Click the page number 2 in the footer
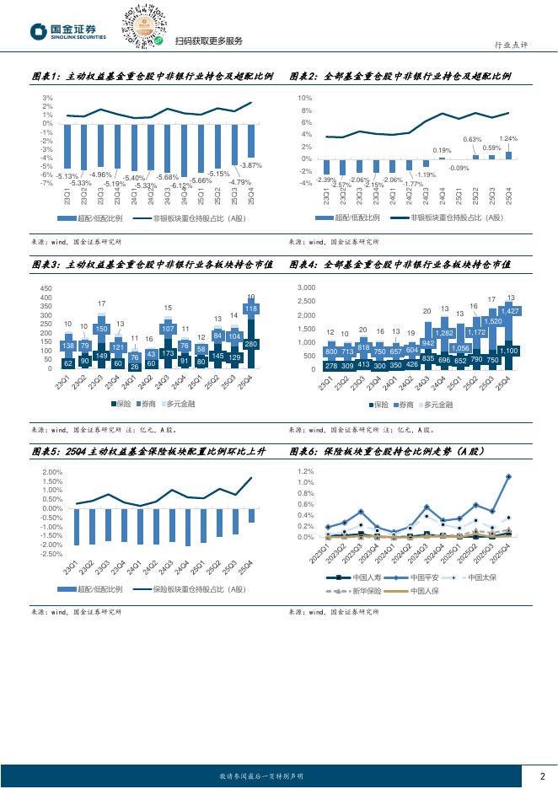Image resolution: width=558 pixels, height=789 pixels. [x=542, y=776]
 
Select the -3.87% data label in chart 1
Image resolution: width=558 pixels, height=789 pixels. [x=251, y=165]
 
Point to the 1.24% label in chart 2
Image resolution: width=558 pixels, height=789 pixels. [x=508, y=138]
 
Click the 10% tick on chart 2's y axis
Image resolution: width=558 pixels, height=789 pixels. [x=308, y=98]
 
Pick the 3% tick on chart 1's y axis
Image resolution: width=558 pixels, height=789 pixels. [x=48, y=98]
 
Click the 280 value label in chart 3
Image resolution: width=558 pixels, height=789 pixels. [x=251, y=344]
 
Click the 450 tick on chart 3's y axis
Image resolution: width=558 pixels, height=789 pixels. [x=46, y=288]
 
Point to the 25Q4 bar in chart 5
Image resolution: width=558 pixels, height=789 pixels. [x=251, y=516]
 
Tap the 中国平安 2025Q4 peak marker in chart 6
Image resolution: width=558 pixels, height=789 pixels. [x=508, y=477]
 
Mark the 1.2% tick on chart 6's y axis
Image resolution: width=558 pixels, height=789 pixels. [x=305, y=472]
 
